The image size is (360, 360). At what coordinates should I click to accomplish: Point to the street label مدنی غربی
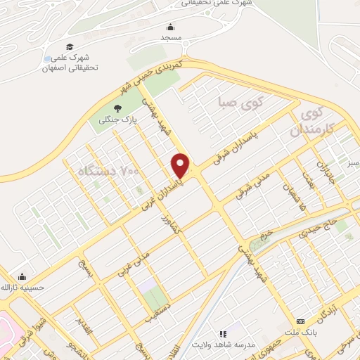(133, 263)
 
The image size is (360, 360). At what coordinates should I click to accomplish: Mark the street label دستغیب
(158, 314)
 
